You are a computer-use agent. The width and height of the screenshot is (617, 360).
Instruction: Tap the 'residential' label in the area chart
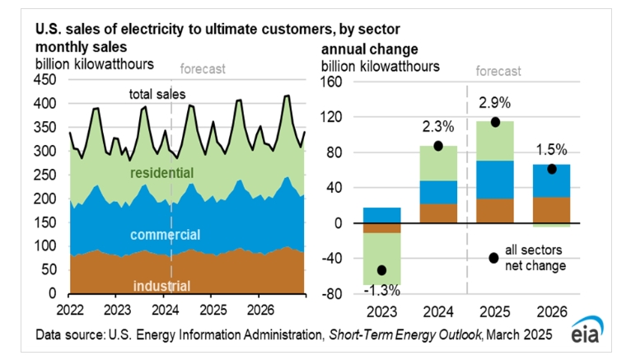coord(162,174)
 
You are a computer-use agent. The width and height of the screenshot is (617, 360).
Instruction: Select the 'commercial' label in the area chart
coord(165,235)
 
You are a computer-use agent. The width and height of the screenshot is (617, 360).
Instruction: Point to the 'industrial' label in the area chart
coord(162,286)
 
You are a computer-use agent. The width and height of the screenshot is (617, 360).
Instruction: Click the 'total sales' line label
coord(157,95)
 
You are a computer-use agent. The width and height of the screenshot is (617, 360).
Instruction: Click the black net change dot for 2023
coord(382,270)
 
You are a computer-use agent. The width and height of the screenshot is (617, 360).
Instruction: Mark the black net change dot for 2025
coord(496,122)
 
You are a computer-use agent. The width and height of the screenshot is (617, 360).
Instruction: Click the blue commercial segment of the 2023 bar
coord(382,215)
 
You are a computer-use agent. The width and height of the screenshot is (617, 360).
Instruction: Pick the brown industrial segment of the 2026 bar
coord(551,210)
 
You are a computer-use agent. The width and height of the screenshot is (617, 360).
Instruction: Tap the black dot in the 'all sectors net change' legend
coord(493,258)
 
